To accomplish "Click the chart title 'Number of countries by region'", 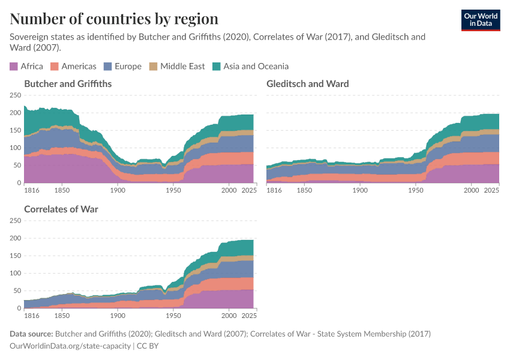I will pyautogui.click(x=114, y=19).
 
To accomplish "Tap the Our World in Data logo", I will pyautogui.click(x=480, y=20).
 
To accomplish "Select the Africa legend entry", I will pyautogui.click(x=26, y=67).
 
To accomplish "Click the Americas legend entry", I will pyautogui.click(x=73, y=67).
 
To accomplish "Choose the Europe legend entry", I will pyautogui.click(x=123, y=67).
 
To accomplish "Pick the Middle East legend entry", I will pyautogui.click(x=177, y=67).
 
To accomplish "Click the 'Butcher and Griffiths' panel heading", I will pyautogui.click(x=68, y=84).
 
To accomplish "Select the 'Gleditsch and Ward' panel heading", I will pyautogui.click(x=308, y=84).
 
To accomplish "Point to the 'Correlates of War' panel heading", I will pyautogui.click(x=61, y=209).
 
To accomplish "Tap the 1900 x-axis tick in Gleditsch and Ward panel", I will pyautogui.click(x=360, y=190).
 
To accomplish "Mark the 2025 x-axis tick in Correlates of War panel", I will pyautogui.click(x=249, y=316).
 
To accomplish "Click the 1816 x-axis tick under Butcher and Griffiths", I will pyautogui.click(x=32, y=190).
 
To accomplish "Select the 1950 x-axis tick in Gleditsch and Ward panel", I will pyautogui.click(x=416, y=190).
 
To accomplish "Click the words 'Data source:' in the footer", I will pyautogui.click(x=31, y=334).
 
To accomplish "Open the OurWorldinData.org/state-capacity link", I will pyautogui.click(x=70, y=346).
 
